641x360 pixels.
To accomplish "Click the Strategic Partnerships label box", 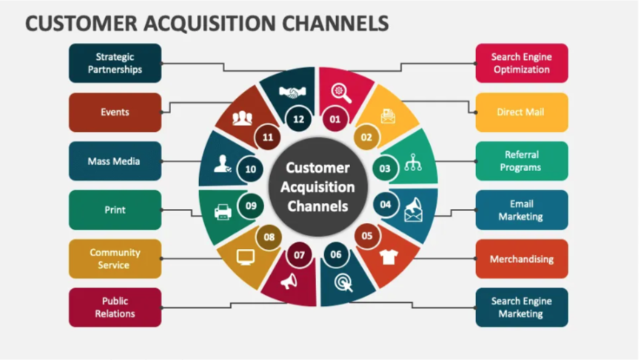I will point(115,63).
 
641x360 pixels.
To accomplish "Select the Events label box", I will point(115,112).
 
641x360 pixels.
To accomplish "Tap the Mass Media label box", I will point(115,161).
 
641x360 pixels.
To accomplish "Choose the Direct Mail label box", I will point(521,112).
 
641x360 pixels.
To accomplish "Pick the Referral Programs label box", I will point(521,161).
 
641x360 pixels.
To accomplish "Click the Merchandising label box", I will point(521,259).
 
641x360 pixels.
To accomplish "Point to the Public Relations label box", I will point(115,307).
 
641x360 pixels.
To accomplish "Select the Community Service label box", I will point(115,259).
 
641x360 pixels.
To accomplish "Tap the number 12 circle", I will point(298,119).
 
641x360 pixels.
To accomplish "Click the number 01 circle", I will point(335,119).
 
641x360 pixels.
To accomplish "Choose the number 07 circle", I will point(299,256).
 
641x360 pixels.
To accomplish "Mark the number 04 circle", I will point(385,204).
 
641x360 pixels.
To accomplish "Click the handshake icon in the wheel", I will point(294,93).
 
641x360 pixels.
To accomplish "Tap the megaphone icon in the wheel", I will point(288,281).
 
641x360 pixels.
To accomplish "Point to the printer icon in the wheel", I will point(223,212).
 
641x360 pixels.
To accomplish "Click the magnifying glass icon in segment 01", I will point(341,92).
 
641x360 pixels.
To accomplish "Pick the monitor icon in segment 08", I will point(245,257).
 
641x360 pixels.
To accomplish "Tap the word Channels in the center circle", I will point(318,205).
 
